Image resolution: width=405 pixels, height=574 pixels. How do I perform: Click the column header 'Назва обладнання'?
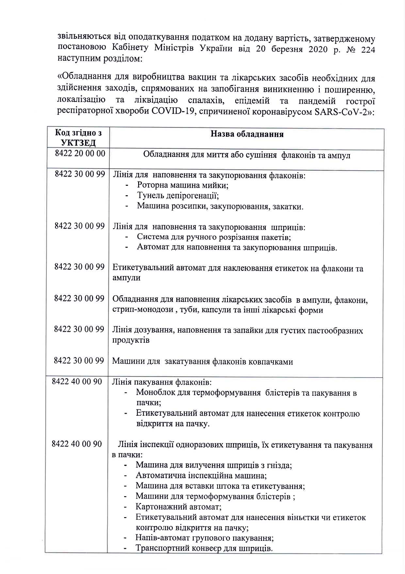(247, 134)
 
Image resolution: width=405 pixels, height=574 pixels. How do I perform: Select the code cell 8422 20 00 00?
(80, 153)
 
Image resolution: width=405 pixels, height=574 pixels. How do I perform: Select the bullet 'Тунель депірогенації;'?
(178, 196)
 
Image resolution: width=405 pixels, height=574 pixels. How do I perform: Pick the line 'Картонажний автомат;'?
(179, 507)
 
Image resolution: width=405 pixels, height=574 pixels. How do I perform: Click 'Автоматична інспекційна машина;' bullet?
(201, 476)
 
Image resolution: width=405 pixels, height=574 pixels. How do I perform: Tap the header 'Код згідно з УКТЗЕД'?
(78, 138)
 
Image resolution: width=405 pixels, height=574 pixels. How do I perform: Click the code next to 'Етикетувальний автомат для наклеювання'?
(79, 267)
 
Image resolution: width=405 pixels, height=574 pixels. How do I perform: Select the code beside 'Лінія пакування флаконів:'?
(77, 381)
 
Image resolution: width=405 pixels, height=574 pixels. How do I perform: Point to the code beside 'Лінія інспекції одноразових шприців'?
(77, 444)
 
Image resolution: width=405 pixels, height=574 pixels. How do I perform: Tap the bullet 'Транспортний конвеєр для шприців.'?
(204, 548)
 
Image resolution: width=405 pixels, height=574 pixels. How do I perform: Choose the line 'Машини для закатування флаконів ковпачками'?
(202, 361)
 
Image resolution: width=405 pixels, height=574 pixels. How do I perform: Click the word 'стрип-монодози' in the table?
(142, 310)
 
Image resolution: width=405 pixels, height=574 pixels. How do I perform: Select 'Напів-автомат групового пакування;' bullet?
(204, 538)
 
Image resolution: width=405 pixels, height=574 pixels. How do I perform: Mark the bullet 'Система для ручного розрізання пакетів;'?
(214, 237)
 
